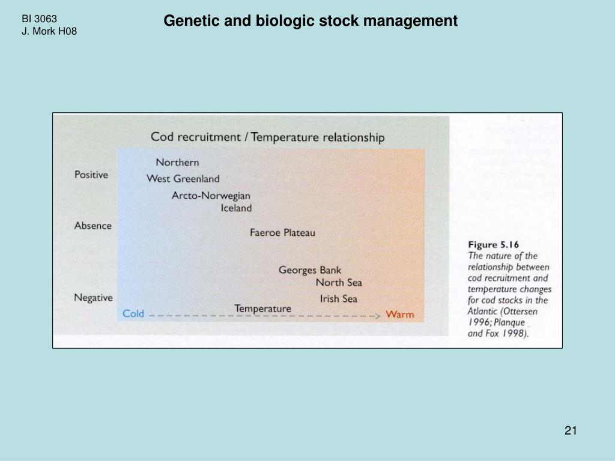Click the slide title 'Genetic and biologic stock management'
click(x=311, y=22)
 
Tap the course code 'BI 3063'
click(x=40, y=19)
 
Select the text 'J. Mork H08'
click(x=49, y=31)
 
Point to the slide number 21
click(x=571, y=430)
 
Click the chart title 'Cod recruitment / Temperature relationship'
click(x=267, y=137)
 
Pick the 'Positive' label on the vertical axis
click(x=91, y=175)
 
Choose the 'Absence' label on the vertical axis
click(x=93, y=226)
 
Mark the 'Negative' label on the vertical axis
click(x=93, y=297)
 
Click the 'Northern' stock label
click(x=177, y=162)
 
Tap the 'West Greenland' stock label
click(x=183, y=179)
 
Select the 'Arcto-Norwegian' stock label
click(x=211, y=196)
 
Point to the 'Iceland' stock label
click(x=236, y=208)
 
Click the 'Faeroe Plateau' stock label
click(x=282, y=232)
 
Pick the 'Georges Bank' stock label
click(x=310, y=270)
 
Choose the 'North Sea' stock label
click(x=339, y=283)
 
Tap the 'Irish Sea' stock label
click(x=339, y=298)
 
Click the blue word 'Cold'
click(x=133, y=313)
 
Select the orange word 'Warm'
click(x=399, y=314)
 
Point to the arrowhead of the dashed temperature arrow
click(x=378, y=315)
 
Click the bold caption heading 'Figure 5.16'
click(x=494, y=244)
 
